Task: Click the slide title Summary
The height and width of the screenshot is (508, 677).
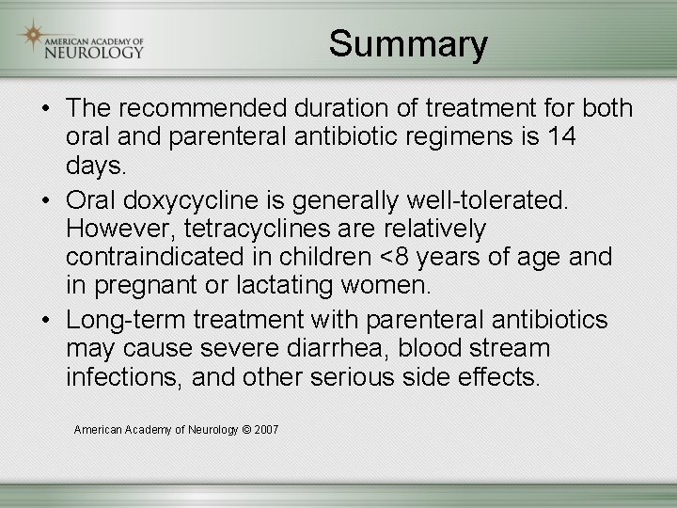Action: click(x=408, y=43)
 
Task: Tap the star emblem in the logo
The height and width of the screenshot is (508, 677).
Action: click(x=34, y=37)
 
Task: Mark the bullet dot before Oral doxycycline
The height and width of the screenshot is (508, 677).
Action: click(x=45, y=201)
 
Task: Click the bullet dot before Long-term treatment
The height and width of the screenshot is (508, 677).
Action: click(x=45, y=321)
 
